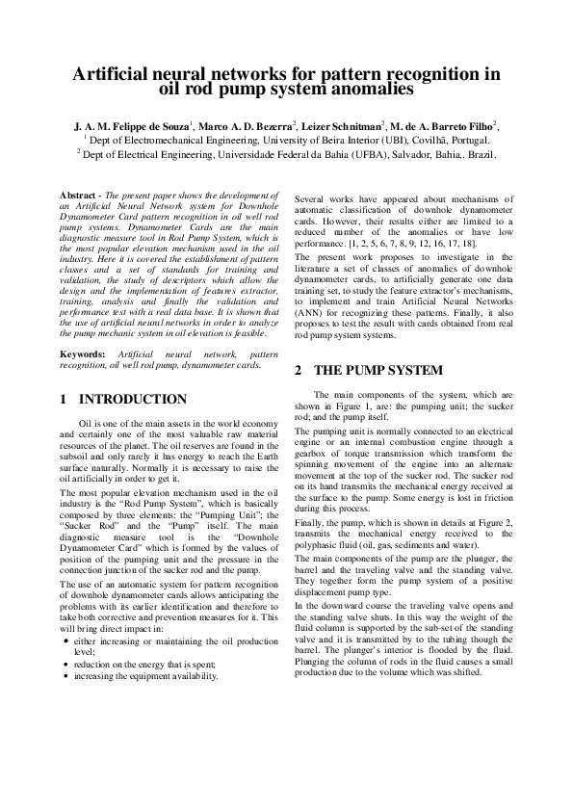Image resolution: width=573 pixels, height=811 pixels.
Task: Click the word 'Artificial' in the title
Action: (120, 74)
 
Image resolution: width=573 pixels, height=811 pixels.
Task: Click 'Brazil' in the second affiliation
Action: (478, 153)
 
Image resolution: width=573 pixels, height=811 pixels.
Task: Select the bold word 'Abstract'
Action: (77, 195)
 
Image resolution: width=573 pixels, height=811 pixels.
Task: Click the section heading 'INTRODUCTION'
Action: (132, 399)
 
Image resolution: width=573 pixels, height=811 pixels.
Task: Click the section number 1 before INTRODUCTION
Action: (63, 399)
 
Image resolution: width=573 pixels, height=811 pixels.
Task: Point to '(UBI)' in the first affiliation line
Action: (368, 140)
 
